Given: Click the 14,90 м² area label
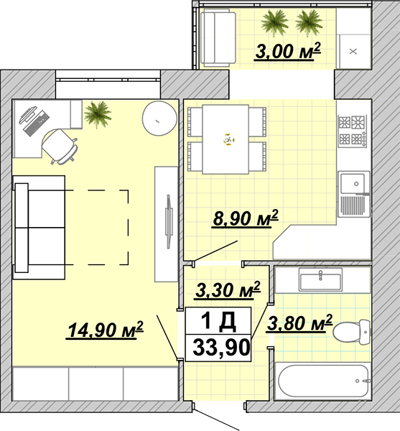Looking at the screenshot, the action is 105,330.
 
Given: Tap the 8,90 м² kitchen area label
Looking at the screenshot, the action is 245,218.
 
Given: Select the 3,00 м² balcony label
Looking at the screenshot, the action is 287,51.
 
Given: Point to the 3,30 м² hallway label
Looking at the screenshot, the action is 228,289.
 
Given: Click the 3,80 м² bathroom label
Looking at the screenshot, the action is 299,323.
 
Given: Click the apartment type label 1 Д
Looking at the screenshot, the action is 218,320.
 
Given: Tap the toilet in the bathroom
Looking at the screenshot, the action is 352,331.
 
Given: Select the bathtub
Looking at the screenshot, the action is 323,381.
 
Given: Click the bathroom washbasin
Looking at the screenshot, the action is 321,279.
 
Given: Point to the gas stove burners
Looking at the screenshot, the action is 353,130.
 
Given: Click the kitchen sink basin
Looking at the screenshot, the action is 353,183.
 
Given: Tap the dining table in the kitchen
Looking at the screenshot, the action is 225,139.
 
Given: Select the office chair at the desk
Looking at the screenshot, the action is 60,146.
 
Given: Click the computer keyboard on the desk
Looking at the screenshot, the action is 36,123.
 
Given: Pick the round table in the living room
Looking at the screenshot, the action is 159,119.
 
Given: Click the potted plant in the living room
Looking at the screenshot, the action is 97,115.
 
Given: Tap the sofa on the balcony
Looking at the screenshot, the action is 218,37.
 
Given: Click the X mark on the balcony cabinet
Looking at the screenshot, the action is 353,52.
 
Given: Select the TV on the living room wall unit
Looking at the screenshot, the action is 169,222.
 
